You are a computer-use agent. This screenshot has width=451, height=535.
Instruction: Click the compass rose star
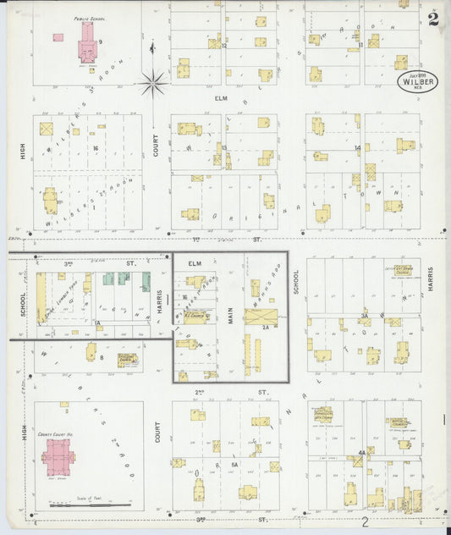[x=153, y=82]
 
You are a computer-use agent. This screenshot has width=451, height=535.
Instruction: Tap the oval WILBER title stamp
[x=417, y=82]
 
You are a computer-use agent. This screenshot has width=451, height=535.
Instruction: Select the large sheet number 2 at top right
[x=433, y=19]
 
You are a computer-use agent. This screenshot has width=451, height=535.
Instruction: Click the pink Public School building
[x=86, y=43]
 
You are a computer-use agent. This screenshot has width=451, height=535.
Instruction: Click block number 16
[x=96, y=148]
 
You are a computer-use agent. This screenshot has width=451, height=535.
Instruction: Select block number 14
[x=358, y=147]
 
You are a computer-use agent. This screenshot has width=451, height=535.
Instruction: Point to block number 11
[x=360, y=45]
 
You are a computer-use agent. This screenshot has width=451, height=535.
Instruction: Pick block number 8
[x=102, y=359]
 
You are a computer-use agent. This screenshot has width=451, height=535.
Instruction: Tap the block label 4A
[x=361, y=453]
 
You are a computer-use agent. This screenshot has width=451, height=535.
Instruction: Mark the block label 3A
[x=364, y=316]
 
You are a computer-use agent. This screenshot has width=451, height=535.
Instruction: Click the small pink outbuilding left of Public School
[x=58, y=37]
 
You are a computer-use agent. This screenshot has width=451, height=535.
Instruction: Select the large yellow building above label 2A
[x=261, y=317]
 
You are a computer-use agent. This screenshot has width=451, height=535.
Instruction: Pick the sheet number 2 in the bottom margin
[x=365, y=522]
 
